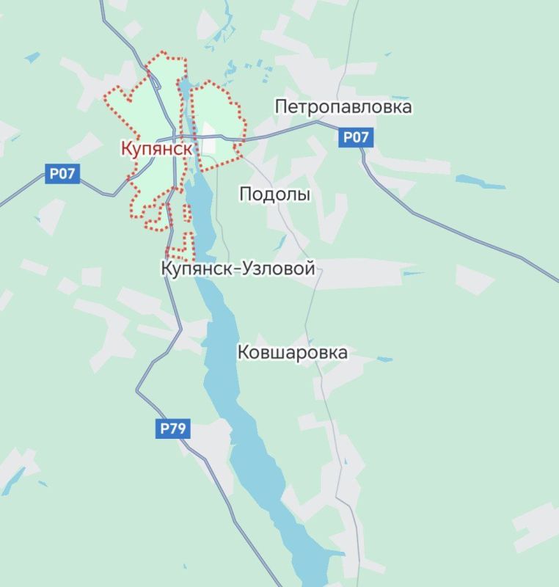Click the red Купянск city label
tap(157, 148)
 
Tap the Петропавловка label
tap(343, 107)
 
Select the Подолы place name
tap(275, 194)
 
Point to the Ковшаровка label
tap(293, 353)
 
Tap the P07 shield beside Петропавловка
tap(356, 136)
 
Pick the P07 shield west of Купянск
tap(63, 175)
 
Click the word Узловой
tap(279, 269)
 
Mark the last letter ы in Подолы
tap(304, 194)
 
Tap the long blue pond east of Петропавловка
tap(481, 181)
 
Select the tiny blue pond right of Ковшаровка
tap(385, 359)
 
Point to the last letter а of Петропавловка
tap(407, 107)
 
